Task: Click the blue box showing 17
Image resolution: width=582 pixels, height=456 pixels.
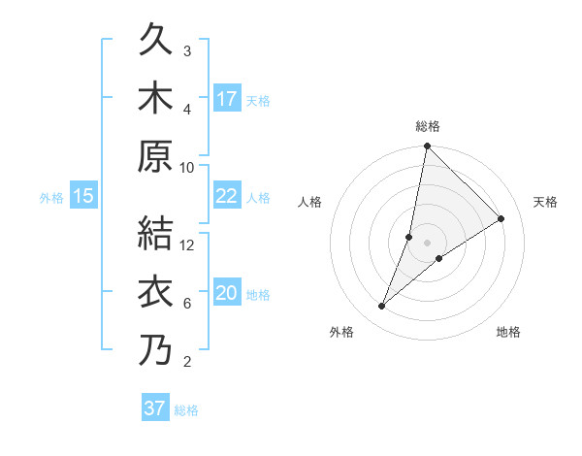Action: click(227, 99)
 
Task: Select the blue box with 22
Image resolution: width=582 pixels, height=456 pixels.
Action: click(227, 196)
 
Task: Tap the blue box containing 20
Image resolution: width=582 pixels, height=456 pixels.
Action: click(227, 293)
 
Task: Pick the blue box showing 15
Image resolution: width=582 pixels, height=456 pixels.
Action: click(83, 196)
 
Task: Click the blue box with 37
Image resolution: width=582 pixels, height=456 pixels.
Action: click(155, 408)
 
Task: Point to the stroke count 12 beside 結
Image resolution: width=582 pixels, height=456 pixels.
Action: click(188, 244)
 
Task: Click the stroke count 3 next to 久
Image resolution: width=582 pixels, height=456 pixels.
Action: click(187, 50)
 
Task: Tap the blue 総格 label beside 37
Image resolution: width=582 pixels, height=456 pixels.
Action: click(186, 410)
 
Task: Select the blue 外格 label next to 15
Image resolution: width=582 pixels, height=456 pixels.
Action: click(51, 198)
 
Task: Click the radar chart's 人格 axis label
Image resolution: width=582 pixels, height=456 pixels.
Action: click(310, 202)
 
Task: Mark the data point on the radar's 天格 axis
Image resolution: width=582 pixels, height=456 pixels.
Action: click(501, 218)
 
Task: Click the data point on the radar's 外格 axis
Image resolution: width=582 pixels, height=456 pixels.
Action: click(382, 307)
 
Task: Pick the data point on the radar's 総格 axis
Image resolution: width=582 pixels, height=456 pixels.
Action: click(427, 147)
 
